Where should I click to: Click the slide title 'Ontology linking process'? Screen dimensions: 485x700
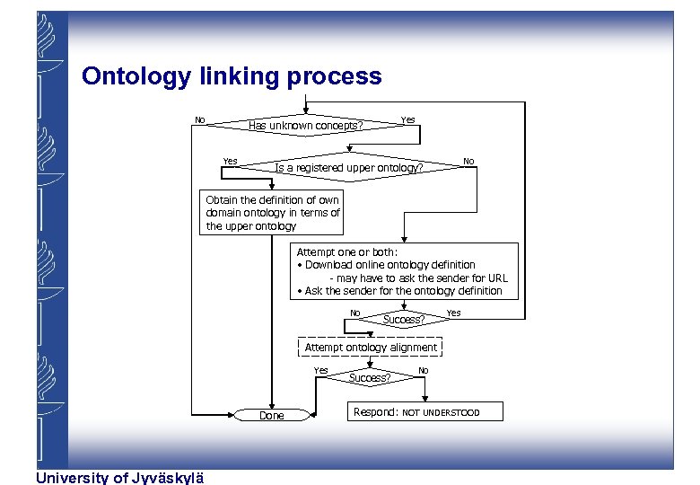tap(232, 76)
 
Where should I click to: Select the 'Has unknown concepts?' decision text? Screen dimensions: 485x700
tap(305, 126)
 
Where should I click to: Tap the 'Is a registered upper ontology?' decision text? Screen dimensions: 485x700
tap(348, 168)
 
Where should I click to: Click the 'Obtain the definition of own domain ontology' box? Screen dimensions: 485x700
tap(273, 213)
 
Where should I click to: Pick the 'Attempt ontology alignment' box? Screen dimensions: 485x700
tap(371, 348)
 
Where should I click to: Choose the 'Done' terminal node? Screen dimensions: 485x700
tap(271, 415)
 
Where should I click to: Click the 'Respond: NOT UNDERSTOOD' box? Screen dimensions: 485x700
tap(425, 412)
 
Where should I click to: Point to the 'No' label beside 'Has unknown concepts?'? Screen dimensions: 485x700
tap(200, 119)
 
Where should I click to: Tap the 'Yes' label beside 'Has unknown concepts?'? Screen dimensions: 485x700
tap(407, 119)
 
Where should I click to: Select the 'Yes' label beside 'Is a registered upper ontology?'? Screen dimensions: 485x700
tap(230, 162)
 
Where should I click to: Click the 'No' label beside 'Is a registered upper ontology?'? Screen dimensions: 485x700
tap(468, 162)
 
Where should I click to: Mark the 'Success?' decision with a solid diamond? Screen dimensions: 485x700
tap(404, 319)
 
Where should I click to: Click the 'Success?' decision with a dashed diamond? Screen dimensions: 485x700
tap(370, 378)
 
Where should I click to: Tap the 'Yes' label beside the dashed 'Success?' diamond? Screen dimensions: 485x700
tap(320, 370)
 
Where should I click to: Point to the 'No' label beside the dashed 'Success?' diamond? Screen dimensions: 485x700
tap(423, 370)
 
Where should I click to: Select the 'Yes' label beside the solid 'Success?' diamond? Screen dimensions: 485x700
tap(453, 313)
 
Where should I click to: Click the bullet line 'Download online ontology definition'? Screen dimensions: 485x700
tap(389, 265)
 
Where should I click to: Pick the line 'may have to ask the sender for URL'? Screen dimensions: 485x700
tap(418, 278)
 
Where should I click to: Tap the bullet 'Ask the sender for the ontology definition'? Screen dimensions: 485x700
tap(400, 290)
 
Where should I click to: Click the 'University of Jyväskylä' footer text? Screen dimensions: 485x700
tap(119, 478)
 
